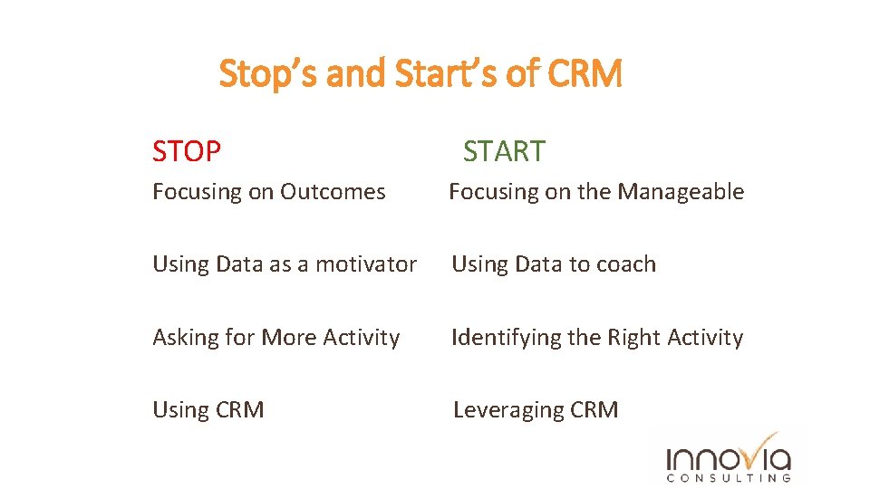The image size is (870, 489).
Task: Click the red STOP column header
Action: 186,151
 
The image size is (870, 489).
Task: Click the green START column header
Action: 504,151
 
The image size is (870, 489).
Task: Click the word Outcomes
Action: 333,192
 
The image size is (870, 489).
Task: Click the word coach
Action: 624,264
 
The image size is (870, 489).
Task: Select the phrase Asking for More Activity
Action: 275,338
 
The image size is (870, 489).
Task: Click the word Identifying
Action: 507,338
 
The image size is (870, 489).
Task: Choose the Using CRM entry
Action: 208,410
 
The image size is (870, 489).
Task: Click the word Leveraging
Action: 508,410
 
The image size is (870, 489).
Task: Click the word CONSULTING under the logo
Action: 729,478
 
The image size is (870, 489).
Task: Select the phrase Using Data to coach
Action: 553,264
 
